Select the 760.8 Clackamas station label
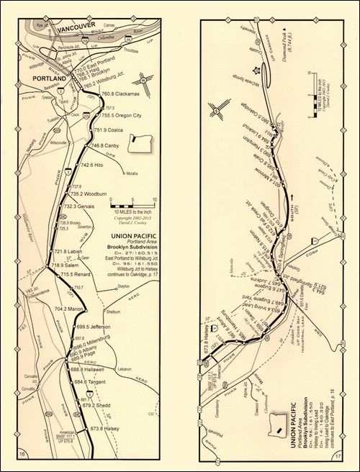(118, 94)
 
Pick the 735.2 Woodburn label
(87, 194)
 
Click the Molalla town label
(132, 173)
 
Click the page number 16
(23, 454)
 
